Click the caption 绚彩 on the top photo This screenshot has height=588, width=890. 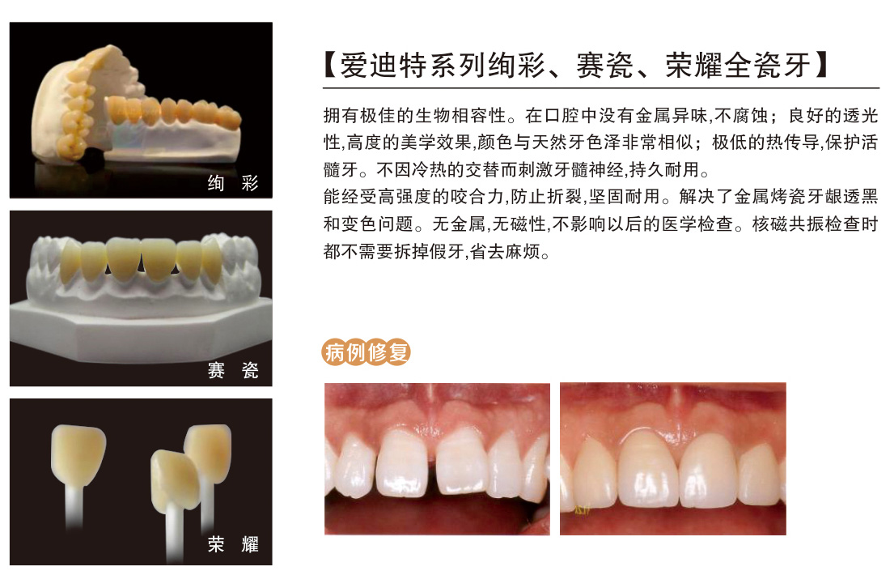pyautogui.click(x=233, y=183)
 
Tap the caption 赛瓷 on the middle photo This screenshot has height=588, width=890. pyautogui.click(x=233, y=370)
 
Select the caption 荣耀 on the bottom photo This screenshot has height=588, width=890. pyautogui.click(x=233, y=544)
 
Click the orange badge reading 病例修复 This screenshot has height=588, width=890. pyautogui.click(x=366, y=352)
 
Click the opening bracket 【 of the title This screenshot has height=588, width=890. pyautogui.click(x=330, y=66)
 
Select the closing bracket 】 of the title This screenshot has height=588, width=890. pyautogui.click(x=821, y=66)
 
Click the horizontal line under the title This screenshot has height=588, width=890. pyautogui.click(x=601, y=88)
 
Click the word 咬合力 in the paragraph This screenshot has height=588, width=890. pyautogui.click(x=477, y=197)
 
